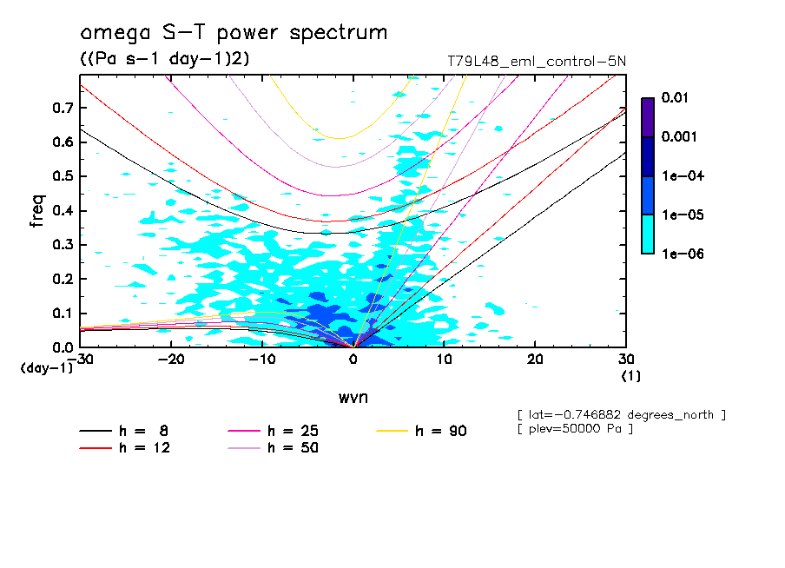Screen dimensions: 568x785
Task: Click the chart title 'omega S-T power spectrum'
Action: click(x=233, y=33)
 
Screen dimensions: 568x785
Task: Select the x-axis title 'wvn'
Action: click(x=353, y=397)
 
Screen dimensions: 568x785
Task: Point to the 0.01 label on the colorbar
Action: click(x=674, y=98)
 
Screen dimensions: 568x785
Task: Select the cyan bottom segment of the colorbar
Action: click(x=648, y=234)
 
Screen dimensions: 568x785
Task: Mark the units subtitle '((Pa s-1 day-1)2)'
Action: click(x=160, y=58)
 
